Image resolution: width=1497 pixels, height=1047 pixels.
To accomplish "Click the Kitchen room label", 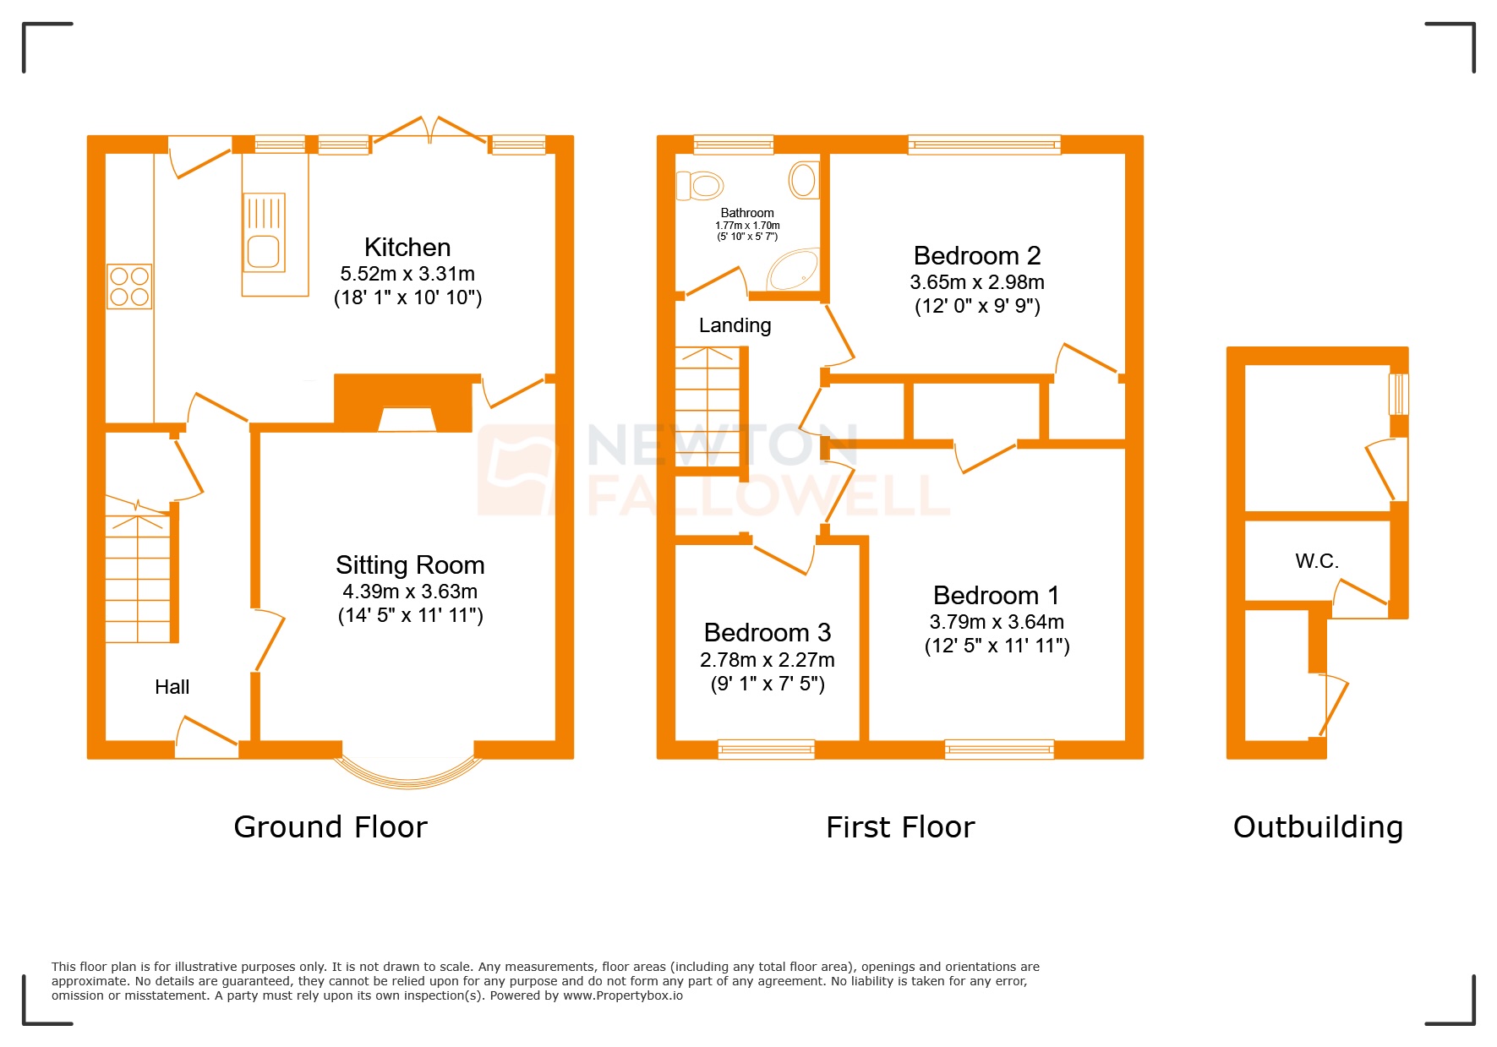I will (407, 248).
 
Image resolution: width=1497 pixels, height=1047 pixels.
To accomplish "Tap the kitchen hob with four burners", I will (129, 286).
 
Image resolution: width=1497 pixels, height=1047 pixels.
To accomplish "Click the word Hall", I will (172, 687).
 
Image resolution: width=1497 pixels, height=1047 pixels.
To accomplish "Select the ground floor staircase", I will (138, 575).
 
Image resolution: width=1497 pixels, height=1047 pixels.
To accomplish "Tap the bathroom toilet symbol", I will (700, 185).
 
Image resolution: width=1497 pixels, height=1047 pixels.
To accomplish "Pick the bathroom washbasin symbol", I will (803, 180).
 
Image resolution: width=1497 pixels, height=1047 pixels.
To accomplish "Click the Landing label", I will (735, 325).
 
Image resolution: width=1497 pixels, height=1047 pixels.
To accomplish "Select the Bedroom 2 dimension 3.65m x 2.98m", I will (976, 282).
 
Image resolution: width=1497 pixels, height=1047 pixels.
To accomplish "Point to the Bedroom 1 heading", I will (996, 595).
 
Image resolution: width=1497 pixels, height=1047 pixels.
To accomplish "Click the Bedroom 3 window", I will (766, 749).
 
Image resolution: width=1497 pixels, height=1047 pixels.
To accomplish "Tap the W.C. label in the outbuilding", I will (1316, 561).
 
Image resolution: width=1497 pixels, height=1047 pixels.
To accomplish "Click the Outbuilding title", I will (1317, 826).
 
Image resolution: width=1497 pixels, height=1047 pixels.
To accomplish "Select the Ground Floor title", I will (331, 826).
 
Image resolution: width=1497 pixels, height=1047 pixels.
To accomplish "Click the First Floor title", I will (900, 826).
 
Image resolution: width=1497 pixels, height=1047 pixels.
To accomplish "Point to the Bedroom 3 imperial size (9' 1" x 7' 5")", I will (768, 684).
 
